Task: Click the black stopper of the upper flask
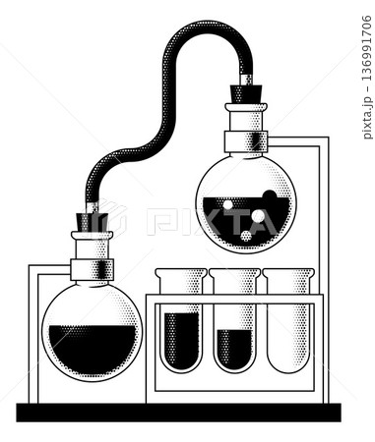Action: [x=245, y=94]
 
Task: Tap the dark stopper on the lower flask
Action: [x=92, y=222]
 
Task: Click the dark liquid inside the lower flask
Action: [x=92, y=347]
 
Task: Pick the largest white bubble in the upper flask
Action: [x=258, y=216]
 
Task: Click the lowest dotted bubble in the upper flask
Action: [x=246, y=237]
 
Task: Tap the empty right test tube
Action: [x=288, y=324]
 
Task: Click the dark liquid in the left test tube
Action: [x=181, y=339]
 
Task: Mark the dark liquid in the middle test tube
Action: [x=235, y=349]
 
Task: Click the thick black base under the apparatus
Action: [x=178, y=413]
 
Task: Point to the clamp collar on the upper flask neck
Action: [x=246, y=141]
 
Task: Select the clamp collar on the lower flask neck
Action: [x=92, y=268]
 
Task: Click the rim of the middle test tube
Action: [x=235, y=274]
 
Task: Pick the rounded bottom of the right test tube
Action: [x=288, y=365]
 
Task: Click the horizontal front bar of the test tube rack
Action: [x=235, y=299]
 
